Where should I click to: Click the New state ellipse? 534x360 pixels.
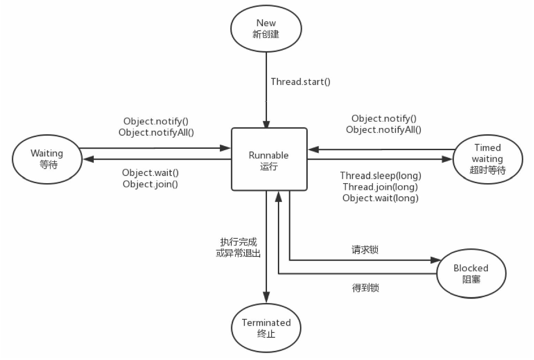[266, 28]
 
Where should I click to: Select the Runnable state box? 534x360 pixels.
[269, 159]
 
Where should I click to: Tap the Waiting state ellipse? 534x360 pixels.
[47, 159]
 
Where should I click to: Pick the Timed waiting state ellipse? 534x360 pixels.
[487, 159]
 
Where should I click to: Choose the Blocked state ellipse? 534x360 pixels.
[471, 273]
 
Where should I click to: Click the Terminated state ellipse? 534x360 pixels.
[266, 328]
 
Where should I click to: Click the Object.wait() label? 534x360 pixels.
[150, 173]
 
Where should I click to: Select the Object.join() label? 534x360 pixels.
[150, 184]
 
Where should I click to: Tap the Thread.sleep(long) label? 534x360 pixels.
[381, 175]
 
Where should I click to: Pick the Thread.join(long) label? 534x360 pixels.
[380, 187]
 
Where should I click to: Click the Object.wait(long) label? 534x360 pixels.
[380, 198]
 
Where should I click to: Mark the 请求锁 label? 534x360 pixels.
[365, 250]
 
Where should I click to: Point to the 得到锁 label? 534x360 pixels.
[365, 287]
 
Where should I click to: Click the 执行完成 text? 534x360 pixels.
[238, 242]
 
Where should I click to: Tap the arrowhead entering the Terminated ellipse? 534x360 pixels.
[267, 298]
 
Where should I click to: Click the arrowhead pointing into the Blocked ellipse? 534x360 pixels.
[435, 260]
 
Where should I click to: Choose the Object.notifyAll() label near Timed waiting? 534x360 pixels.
[383, 130]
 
